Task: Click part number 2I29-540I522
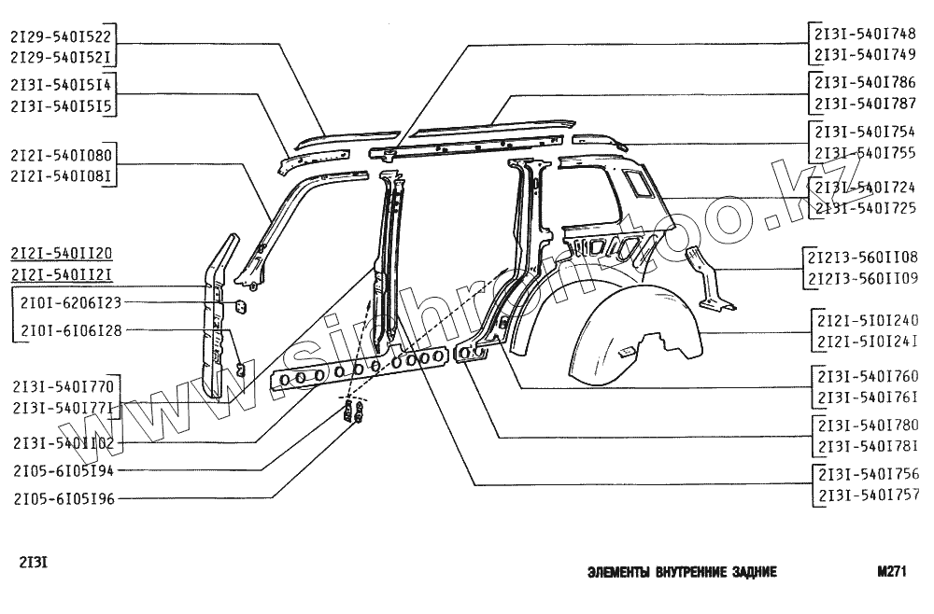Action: [x=62, y=36]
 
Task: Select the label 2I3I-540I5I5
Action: [x=62, y=107]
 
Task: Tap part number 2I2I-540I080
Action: [x=62, y=155]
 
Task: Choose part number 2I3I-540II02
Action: [x=64, y=443]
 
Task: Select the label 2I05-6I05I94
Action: [x=64, y=471]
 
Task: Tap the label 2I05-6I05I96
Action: [x=64, y=499]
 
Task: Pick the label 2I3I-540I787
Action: [x=865, y=103]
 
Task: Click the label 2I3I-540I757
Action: [x=868, y=495]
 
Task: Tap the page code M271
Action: [x=892, y=572]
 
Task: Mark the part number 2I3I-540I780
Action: [x=868, y=425]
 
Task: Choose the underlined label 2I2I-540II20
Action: [x=62, y=254]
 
